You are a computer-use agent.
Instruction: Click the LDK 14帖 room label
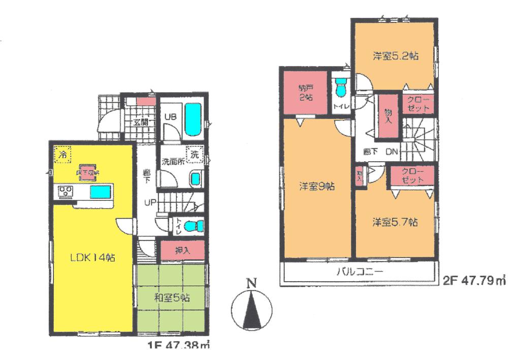coord(92,258)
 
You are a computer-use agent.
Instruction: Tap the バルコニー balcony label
coord(359,272)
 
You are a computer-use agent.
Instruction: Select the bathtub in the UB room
coord(192,120)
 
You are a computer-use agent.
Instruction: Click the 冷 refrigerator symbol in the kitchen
coord(62,154)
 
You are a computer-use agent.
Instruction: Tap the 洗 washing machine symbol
coord(195,155)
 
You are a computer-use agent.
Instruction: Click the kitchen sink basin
coord(100,192)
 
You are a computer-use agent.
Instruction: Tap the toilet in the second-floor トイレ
coord(341,87)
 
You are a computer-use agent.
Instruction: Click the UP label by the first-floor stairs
coord(150,202)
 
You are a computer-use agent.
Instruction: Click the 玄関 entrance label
coord(140,122)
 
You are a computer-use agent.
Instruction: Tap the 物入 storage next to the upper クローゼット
coord(388,116)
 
